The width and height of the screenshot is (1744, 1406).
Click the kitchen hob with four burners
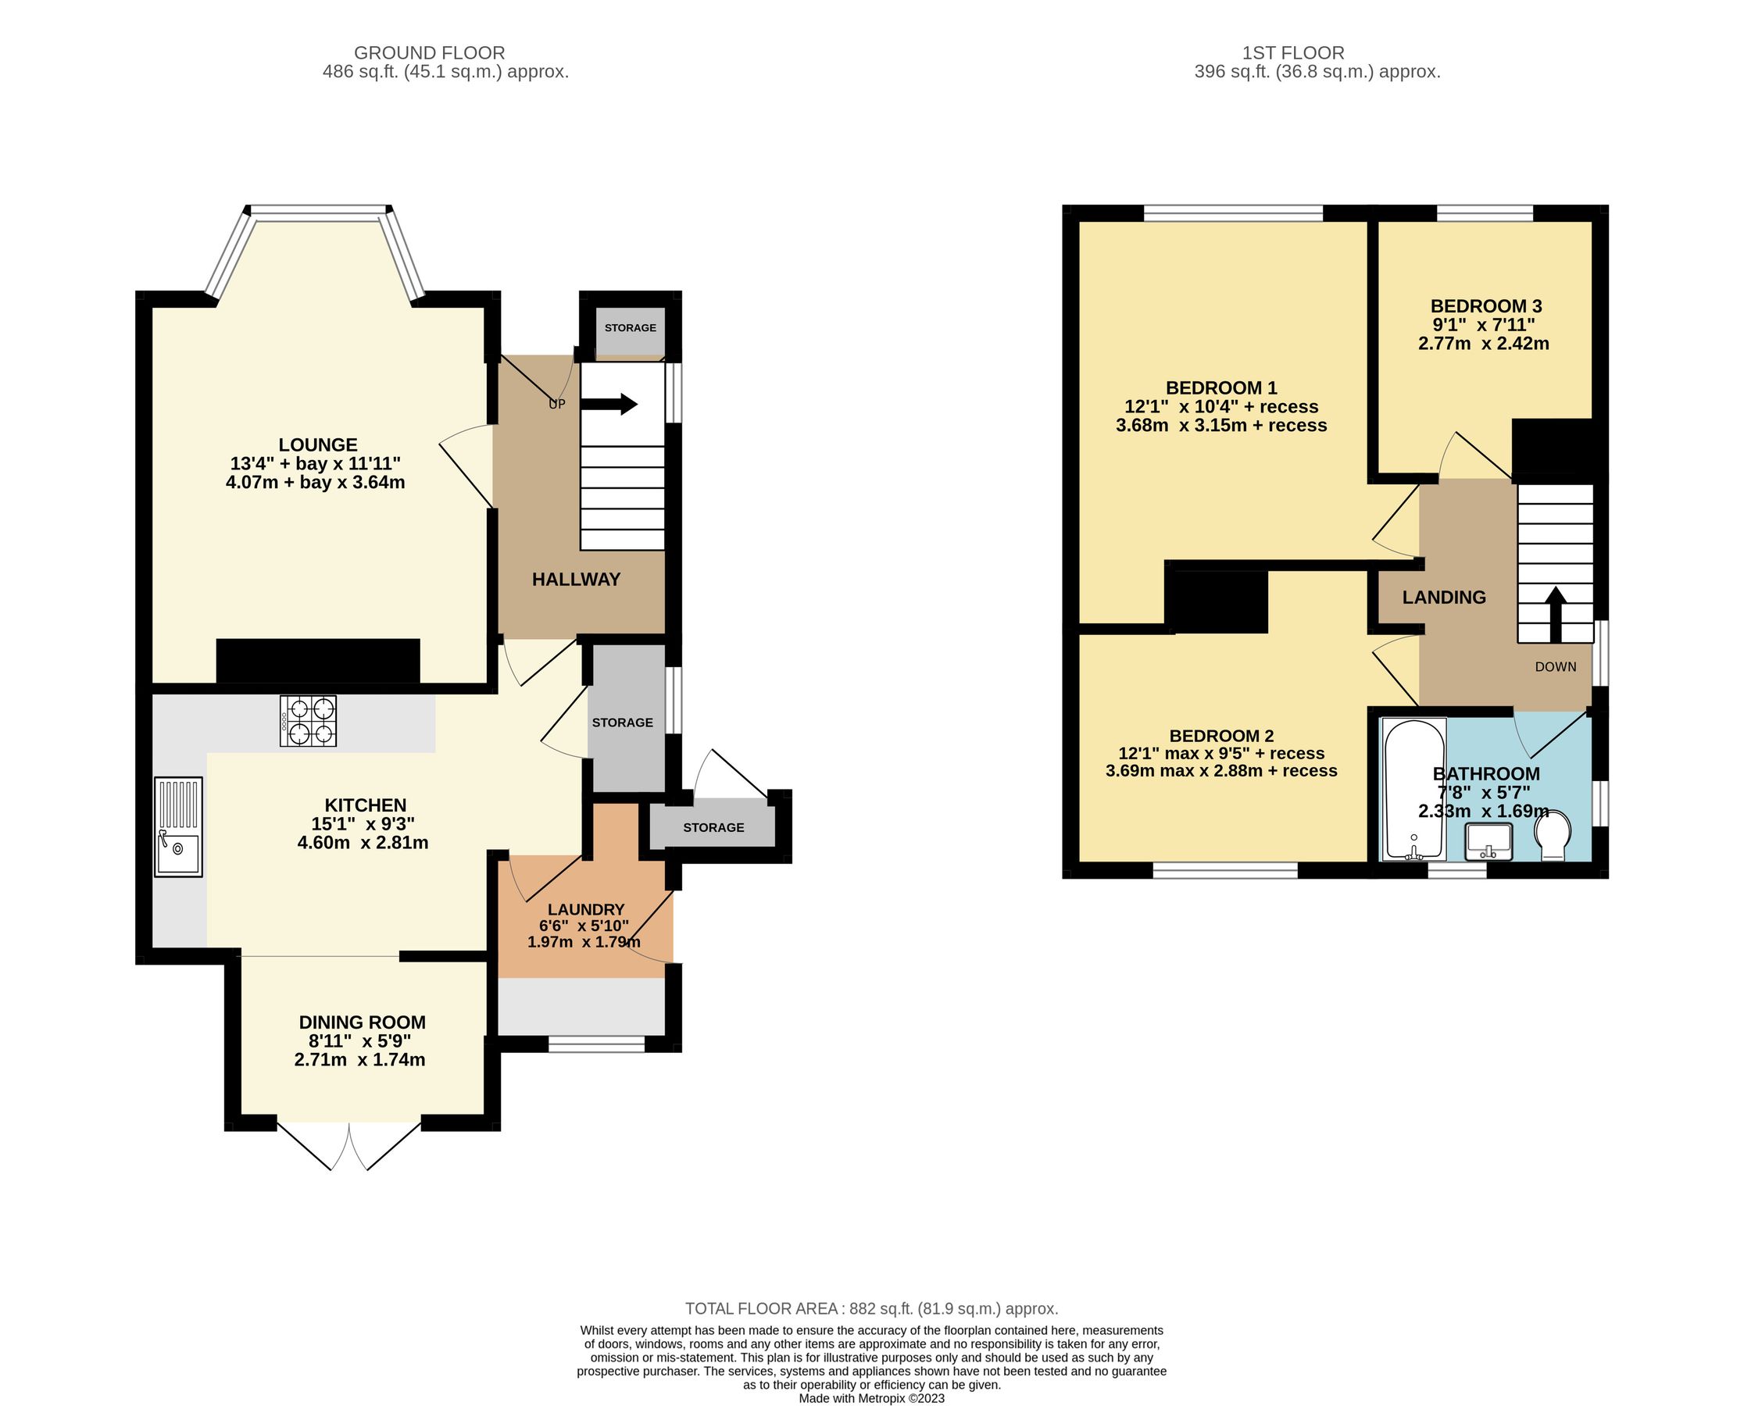309,722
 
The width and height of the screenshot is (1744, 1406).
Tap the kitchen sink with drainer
178,826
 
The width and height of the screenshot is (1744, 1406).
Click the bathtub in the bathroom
1413,790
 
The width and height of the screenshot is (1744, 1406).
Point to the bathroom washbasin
1488,841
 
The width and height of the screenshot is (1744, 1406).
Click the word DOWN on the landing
1555,666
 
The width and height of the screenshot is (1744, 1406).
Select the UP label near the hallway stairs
557,404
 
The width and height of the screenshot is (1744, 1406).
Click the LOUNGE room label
317,444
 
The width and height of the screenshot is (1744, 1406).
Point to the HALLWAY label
576,579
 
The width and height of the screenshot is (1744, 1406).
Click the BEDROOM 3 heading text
1485,306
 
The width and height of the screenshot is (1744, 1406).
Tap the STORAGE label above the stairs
631,328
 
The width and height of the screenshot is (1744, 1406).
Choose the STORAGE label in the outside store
713,828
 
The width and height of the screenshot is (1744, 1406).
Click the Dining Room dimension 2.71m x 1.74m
359,1059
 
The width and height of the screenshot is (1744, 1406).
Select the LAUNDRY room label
586,909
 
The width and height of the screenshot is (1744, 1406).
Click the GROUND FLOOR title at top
429,52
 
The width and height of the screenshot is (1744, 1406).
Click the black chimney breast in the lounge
317,661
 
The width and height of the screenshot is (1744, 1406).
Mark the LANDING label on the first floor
1444,597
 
